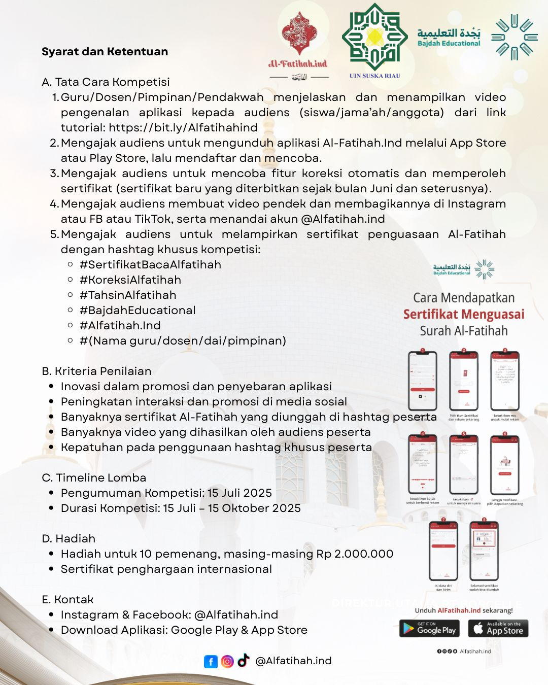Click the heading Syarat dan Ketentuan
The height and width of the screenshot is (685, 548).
105,52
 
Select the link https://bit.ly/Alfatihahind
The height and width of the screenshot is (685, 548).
183,128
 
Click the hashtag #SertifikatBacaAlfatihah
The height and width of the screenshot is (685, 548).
150,265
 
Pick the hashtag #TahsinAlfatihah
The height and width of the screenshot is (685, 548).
128,295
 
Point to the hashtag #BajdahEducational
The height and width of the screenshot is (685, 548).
138,311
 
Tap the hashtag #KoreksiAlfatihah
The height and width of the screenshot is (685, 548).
130,280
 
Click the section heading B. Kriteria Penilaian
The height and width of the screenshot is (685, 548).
96,371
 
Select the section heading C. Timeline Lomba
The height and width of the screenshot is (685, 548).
94,478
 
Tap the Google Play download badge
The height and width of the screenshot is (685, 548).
429,629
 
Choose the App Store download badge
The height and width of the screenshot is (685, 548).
498,629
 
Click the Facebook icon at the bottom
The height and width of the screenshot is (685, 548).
211,662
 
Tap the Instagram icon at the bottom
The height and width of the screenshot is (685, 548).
227,662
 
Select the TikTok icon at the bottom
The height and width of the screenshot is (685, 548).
244,660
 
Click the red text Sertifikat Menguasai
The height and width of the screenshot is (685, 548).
464,315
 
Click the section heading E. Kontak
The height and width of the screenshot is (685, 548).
67,600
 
